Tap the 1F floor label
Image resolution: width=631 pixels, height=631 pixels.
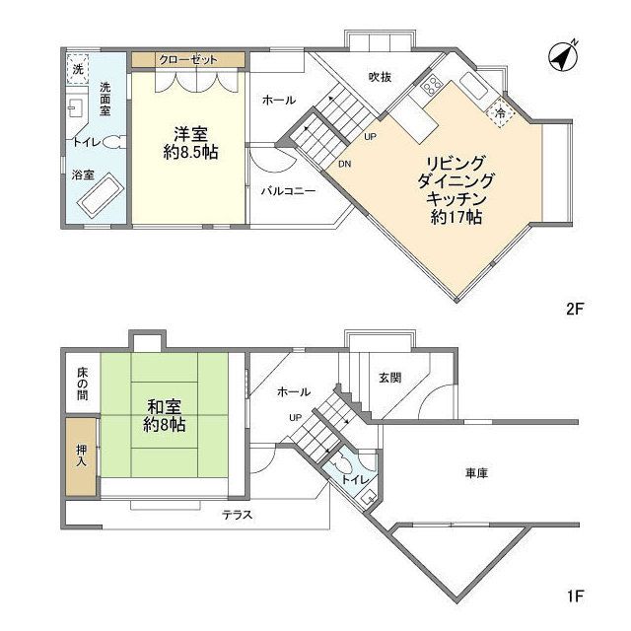coord(575,596)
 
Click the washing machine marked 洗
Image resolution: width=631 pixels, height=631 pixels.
coord(77,68)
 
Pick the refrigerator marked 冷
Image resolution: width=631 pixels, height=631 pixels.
coord(501,113)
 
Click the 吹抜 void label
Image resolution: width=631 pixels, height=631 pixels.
coord(382,76)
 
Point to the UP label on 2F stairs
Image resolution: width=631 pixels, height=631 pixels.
coord(370,136)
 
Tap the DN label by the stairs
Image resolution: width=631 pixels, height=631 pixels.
coord(345,164)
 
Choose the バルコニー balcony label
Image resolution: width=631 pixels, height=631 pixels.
coord(288,191)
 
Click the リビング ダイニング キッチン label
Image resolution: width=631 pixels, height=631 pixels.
coord(456,188)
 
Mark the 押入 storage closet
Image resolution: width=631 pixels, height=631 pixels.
coord(82,456)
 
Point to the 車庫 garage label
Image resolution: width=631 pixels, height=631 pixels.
coord(476,473)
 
